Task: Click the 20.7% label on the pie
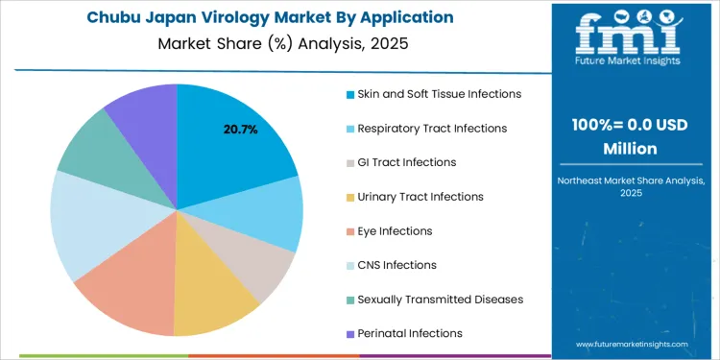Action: (240, 130)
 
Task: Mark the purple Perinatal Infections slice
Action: (144, 110)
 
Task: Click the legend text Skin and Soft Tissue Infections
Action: (440, 94)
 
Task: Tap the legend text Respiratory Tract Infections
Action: (432, 129)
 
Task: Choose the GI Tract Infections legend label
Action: (407, 162)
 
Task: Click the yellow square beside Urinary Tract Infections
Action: (349, 197)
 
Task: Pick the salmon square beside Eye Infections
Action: (349, 231)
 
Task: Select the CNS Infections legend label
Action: (396, 265)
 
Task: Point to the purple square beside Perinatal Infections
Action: (349, 334)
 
